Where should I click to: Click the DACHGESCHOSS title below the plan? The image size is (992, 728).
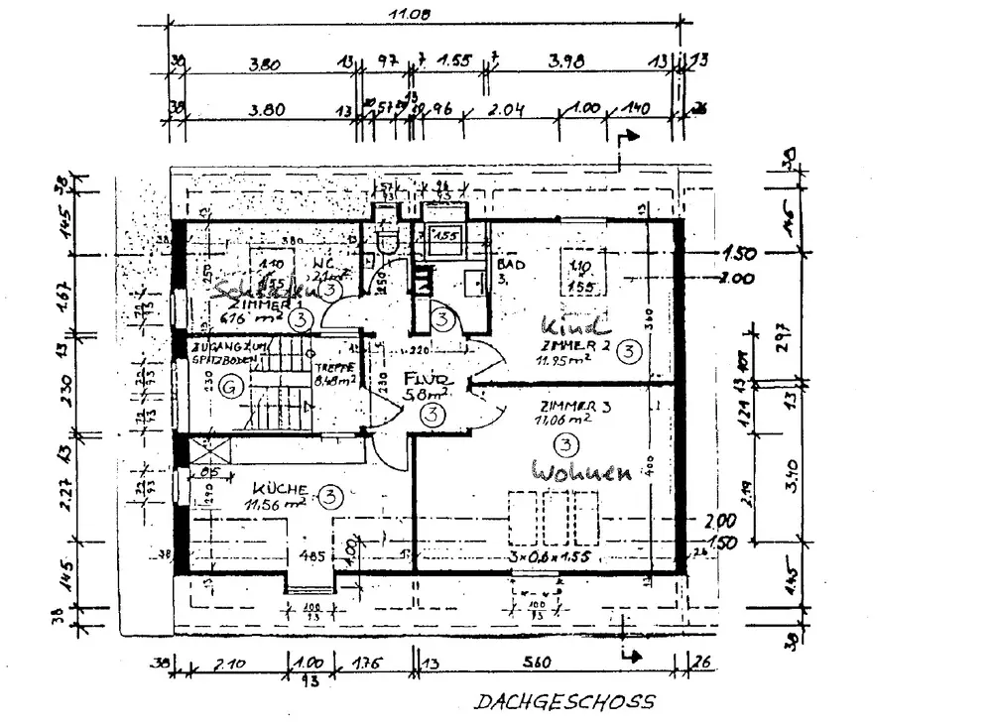[x=564, y=702]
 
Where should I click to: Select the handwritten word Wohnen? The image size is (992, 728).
[x=581, y=471]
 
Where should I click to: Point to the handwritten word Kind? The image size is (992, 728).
[x=572, y=324]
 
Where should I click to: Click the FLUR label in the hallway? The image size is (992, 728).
[x=428, y=381]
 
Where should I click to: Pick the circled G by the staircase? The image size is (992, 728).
[x=230, y=386]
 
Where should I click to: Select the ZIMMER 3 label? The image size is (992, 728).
[x=566, y=406]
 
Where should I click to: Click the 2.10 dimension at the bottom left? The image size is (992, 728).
[x=229, y=664]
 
